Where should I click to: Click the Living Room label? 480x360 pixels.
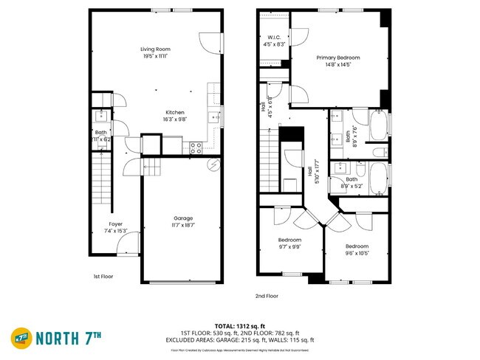click(x=155, y=49)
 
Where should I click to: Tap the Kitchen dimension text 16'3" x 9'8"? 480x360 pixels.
click(x=175, y=119)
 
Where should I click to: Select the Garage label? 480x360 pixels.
click(x=183, y=218)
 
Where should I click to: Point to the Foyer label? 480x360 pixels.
click(x=115, y=224)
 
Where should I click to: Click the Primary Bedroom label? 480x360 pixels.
click(x=338, y=57)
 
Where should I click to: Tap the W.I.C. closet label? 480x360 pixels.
click(x=273, y=37)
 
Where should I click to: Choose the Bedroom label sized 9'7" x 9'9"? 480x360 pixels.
click(x=289, y=240)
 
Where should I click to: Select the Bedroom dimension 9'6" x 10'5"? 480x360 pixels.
click(x=357, y=252)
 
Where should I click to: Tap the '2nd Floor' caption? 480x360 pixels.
click(x=267, y=296)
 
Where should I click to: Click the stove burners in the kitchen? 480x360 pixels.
click(x=196, y=145)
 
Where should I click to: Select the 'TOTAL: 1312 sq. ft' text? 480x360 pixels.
click(x=235, y=325)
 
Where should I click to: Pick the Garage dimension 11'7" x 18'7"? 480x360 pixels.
click(x=183, y=224)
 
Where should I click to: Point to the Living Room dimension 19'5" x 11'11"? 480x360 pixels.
click(x=155, y=56)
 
